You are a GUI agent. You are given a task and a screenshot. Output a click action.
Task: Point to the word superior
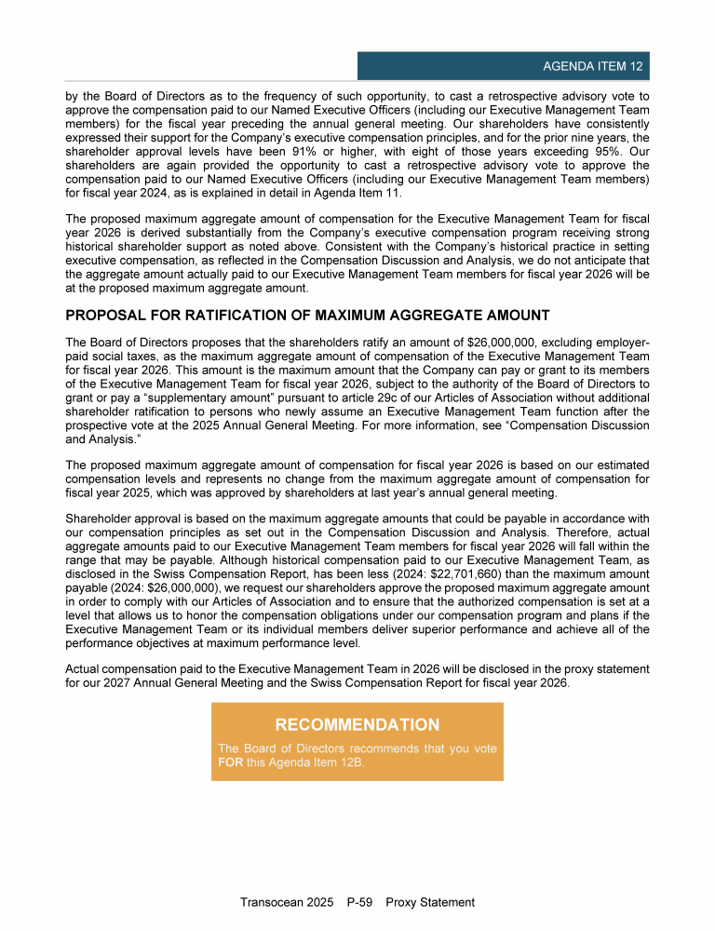point(380,629)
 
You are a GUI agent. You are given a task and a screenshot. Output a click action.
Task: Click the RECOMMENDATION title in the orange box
point(357,724)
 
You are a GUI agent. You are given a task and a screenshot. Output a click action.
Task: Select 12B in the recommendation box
point(347,762)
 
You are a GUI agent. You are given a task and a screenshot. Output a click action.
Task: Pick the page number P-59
point(359,902)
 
